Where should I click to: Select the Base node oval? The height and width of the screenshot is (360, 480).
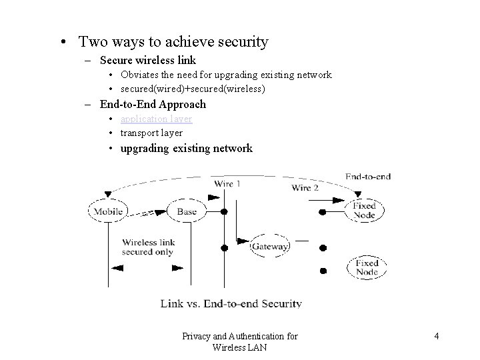187,212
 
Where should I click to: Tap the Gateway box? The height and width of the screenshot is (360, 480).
270,247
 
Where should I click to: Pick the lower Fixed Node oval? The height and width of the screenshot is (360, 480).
366,267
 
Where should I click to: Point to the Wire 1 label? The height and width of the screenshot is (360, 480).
227,183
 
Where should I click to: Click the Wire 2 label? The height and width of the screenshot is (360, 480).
305,188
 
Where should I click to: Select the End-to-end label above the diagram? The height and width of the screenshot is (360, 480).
368,177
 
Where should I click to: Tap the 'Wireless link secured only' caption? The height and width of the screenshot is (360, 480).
147,247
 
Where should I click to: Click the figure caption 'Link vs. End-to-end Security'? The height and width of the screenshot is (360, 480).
231,303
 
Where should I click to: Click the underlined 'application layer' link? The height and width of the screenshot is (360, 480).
156,119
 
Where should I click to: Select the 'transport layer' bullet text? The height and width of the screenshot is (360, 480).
151,133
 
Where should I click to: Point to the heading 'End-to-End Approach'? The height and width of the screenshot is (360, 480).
153,104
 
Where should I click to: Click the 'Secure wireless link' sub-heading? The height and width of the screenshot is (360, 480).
147,60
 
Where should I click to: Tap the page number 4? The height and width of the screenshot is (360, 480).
436,337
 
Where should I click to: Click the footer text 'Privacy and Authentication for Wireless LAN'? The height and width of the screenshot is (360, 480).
239,341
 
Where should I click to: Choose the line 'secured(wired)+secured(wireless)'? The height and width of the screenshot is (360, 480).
193,89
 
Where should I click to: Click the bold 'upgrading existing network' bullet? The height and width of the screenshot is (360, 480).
186,148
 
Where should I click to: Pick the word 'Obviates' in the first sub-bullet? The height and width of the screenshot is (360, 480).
139,75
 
